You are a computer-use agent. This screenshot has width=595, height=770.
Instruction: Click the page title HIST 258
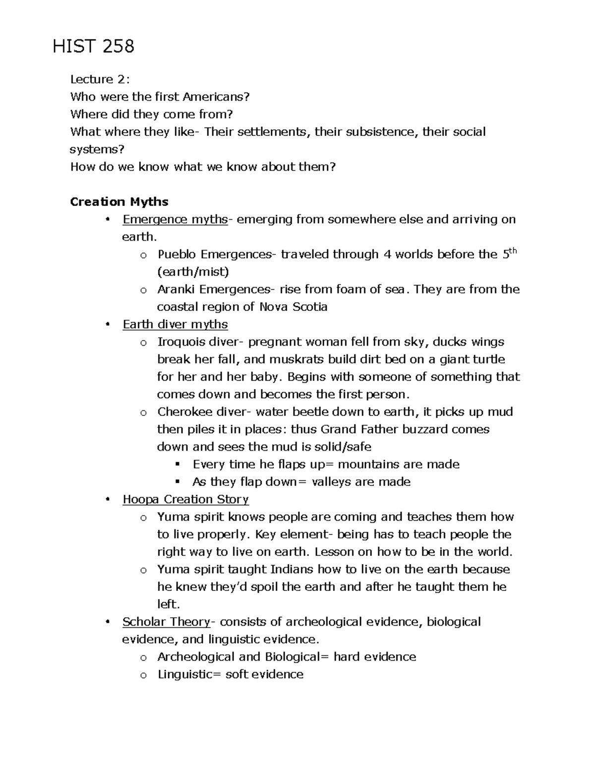tap(93, 47)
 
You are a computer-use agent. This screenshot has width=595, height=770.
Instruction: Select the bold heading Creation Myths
tap(119, 202)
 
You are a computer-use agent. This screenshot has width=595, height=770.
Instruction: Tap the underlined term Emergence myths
tap(175, 219)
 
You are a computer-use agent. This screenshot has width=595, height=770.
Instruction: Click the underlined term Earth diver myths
tap(175, 324)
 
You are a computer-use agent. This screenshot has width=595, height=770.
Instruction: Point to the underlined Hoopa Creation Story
tap(185, 499)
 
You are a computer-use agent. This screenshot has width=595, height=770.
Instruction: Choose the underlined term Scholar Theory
tap(166, 622)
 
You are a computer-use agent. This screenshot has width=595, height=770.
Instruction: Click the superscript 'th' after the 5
tap(513, 250)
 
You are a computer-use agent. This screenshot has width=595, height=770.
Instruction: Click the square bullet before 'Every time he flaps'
tap(178, 465)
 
